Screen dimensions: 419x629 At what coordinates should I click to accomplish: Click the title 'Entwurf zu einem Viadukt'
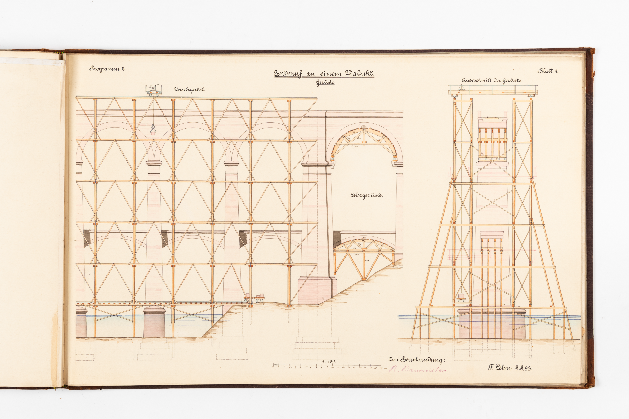324,74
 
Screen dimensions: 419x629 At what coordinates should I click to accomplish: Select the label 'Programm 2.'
107,69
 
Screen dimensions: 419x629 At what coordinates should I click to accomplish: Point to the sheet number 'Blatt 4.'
548,71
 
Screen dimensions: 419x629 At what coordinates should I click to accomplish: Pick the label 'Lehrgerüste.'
366,195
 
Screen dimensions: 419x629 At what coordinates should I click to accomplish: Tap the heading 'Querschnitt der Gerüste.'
492,80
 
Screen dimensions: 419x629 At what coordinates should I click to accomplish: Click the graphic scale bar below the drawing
327,366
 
